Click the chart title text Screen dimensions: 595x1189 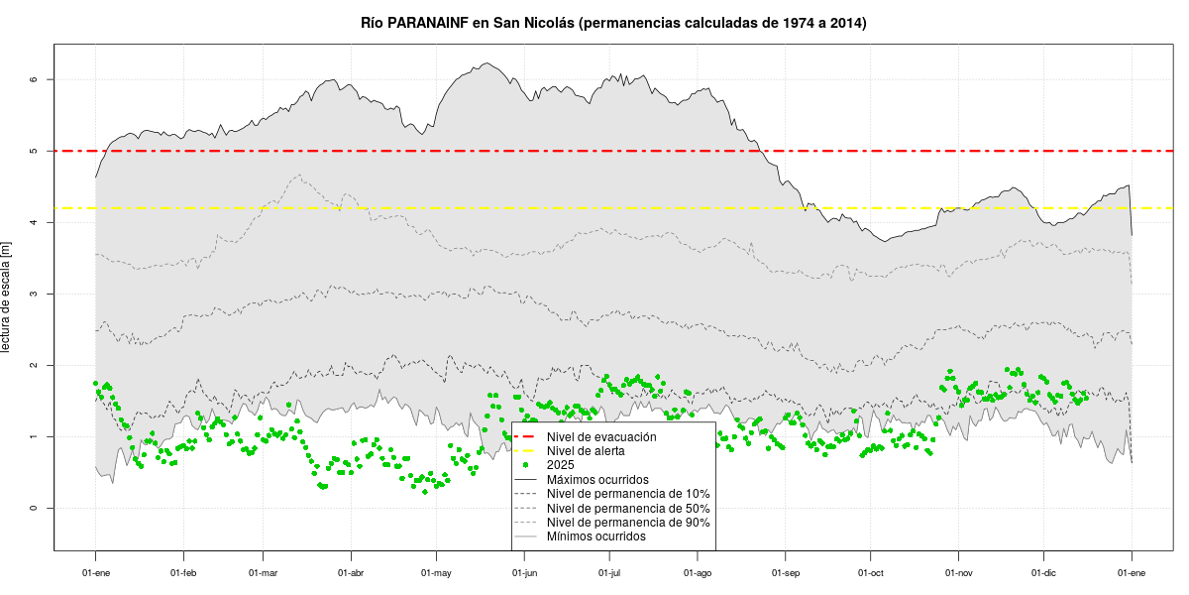point(613,22)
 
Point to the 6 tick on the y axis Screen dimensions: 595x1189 point(34,79)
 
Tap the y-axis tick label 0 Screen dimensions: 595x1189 point(34,509)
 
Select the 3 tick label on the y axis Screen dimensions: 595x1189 point(34,294)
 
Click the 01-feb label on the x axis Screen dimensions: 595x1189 point(183,573)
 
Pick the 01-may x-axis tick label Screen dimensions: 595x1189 point(437,573)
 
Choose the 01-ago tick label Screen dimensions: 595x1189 point(698,573)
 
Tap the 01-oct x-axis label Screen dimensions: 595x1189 point(871,573)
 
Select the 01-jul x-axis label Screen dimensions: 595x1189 point(610,573)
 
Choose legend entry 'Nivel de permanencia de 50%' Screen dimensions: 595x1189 point(628,508)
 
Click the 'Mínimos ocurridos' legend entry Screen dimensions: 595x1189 point(596,536)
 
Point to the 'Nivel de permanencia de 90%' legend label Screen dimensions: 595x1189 point(628,522)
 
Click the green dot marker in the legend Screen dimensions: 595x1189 point(528,465)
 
